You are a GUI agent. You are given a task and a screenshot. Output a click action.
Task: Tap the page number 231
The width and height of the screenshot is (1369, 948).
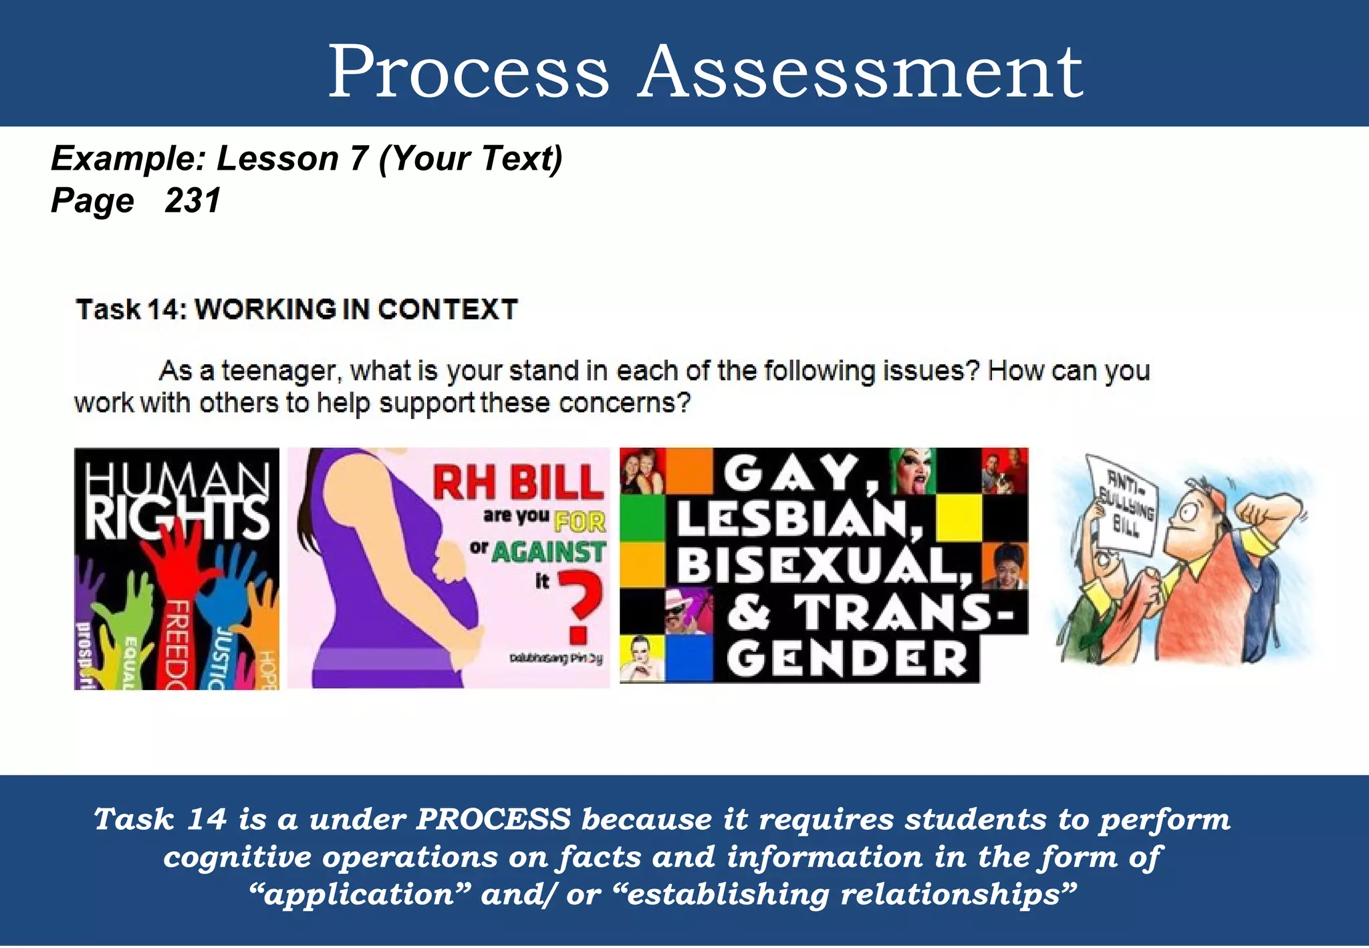point(193,201)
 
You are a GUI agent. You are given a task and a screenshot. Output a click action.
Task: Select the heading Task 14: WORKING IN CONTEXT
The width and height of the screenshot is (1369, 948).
point(297,310)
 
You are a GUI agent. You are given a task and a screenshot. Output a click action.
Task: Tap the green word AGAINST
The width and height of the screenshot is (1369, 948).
point(549,552)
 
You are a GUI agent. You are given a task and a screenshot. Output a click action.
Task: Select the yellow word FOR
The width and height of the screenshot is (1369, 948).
point(580,521)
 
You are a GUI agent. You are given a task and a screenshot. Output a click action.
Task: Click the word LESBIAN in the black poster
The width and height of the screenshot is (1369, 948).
point(798,519)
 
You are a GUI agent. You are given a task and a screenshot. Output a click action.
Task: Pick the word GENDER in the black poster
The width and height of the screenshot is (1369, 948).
point(847,659)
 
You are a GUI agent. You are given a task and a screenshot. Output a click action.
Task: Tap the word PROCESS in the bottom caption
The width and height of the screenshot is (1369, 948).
point(493,820)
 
